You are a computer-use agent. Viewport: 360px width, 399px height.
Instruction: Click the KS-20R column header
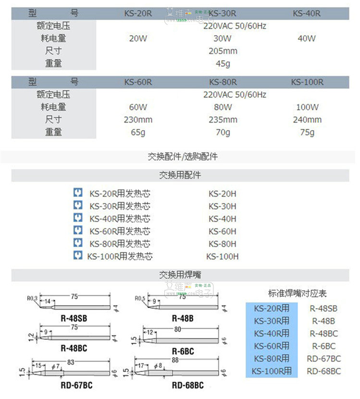click(x=138, y=13)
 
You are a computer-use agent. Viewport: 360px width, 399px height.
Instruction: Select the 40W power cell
click(x=307, y=38)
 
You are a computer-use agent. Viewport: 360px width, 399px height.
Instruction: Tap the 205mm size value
click(x=223, y=51)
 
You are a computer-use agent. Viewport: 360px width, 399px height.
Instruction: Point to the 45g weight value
click(x=223, y=63)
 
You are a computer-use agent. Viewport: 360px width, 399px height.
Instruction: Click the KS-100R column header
click(x=307, y=82)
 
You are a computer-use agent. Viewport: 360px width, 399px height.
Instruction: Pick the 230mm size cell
click(x=138, y=120)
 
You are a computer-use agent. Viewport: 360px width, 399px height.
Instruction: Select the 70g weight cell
click(x=223, y=132)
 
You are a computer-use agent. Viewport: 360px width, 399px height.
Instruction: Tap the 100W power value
click(x=307, y=107)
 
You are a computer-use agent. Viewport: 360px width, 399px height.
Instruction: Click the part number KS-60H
click(x=223, y=231)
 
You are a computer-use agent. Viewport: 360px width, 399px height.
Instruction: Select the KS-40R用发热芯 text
click(x=120, y=219)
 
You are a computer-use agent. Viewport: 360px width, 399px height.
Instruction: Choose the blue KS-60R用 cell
click(x=272, y=346)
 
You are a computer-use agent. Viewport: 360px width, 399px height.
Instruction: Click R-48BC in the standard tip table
click(x=323, y=333)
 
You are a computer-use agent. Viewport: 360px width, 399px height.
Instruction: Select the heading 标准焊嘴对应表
click(x=297, y=293)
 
